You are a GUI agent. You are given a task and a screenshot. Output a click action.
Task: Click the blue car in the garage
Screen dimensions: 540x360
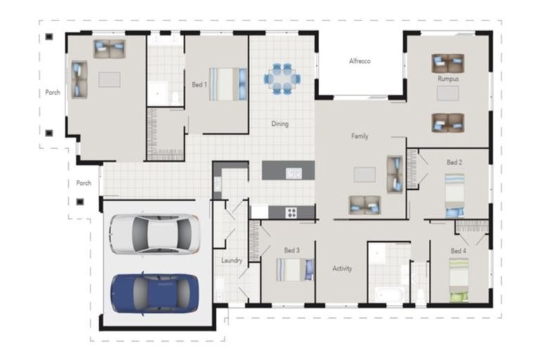[x=154, y=293]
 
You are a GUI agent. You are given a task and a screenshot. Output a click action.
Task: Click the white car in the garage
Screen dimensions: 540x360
[x=155, y=234]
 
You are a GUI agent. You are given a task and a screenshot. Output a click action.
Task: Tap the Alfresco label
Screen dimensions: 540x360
[x=359, y=61]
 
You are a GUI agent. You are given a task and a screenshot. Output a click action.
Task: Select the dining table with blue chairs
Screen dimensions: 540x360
[x=282, y=79]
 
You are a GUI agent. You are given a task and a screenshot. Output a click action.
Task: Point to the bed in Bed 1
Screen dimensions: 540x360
[x=228, y=84]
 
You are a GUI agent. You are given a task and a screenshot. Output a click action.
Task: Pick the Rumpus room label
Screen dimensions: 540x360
[x=448, y=79]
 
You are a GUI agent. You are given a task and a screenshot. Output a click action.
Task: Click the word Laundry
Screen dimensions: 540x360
[x=231, y=260]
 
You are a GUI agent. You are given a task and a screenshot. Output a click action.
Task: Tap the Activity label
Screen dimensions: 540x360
[x=342, y=269]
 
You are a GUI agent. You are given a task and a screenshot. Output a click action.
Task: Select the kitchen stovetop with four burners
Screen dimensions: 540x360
[x=291, y=212]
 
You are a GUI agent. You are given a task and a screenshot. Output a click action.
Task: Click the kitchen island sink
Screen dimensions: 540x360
[x=293, y=173]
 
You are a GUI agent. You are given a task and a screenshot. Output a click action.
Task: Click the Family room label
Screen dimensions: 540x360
[x=359, y=136]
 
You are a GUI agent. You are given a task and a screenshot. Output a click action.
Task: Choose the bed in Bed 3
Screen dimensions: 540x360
[x=295, y=269]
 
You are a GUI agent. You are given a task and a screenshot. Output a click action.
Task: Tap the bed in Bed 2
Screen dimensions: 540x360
[x=455, y=195]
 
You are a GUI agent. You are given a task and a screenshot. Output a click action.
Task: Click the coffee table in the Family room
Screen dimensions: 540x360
[x=365, y=174]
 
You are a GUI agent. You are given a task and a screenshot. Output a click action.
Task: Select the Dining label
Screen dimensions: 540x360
[x=280, y=124]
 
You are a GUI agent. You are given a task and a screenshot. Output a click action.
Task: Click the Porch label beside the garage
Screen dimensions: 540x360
[x=84, y=183]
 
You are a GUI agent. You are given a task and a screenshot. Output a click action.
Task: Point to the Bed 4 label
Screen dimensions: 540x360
[x=458, y=251]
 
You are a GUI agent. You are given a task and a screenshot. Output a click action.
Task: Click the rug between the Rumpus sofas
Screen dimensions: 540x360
[x=448, y=94]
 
